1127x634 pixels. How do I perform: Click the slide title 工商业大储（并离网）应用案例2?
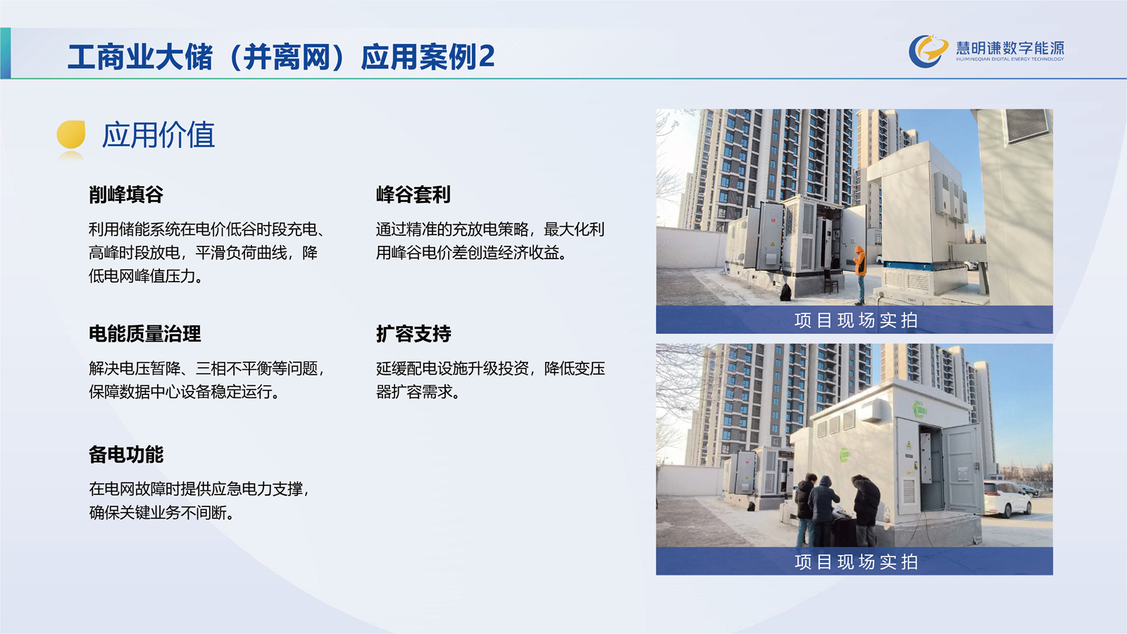coord(281,56)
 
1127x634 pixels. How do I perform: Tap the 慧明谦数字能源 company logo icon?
coord(928,51)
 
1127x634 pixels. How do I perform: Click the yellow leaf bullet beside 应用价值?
coord(71,135)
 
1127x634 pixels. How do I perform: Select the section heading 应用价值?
coord(158,135)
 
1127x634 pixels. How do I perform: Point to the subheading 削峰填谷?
coord(126,194)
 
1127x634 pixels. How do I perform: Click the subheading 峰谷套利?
coord(413,194)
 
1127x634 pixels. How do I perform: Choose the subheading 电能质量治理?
coord(145,334)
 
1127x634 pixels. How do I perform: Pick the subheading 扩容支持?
coord(413,334)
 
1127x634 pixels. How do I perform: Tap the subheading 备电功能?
coord(126,454)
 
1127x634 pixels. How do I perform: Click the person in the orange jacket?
coord(860,274)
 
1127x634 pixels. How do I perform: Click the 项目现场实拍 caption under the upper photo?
coord(857,320)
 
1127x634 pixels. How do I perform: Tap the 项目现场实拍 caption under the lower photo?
coord(857,561)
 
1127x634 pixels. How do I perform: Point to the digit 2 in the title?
coord(487,56)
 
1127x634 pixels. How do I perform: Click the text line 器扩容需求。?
coord(418,392)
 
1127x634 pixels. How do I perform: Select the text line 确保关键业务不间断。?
coord(161,513)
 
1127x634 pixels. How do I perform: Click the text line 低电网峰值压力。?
coord(146,275)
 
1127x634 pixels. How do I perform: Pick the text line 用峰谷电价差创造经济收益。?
coord(471,253)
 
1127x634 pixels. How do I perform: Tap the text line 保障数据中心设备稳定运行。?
coord(184,392)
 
